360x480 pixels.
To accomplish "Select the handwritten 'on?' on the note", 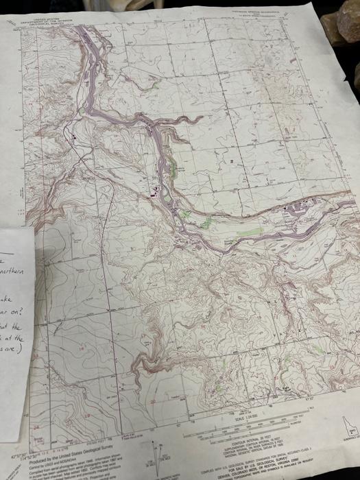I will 11,314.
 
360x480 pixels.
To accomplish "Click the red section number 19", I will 88,416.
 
